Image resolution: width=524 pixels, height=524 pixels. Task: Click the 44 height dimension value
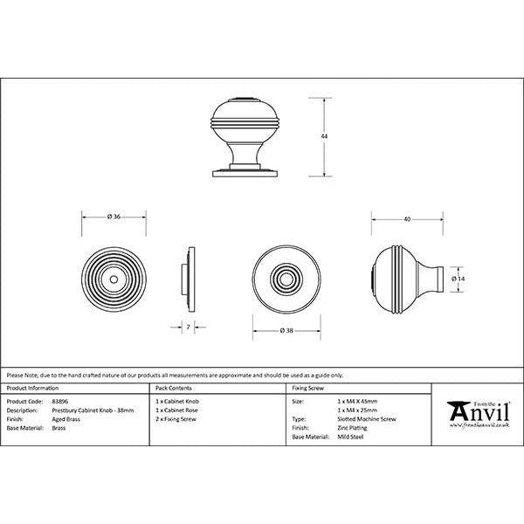coord(326,137)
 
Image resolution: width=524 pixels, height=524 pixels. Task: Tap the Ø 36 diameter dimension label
coord(114,217)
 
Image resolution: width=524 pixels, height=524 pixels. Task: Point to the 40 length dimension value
coord(407,219)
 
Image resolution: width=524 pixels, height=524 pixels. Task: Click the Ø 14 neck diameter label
coord(459,278)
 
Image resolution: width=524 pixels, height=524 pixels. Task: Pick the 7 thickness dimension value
coord(189,327)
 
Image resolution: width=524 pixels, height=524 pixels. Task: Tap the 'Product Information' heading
coord(32,387)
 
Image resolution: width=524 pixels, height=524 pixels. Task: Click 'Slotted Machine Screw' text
coord(366,419)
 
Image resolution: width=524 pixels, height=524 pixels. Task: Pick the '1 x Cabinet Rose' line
coord(178,409)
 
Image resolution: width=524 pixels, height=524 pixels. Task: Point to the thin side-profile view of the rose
coord(188,279)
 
